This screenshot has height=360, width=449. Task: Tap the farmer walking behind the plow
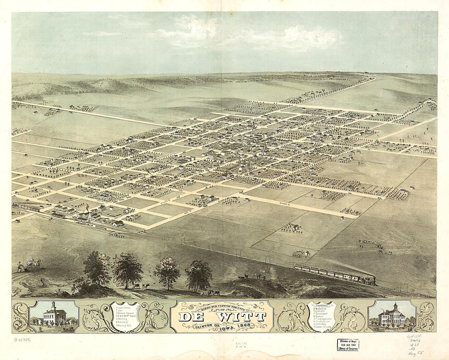19,266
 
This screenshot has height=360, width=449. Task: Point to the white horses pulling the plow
35,264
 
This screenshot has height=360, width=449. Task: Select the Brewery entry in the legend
123,322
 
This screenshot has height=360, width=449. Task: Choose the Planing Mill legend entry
123,326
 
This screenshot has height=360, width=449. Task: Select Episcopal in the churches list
324,315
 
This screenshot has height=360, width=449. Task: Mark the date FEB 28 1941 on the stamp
348,344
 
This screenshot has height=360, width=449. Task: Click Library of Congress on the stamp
348,349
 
